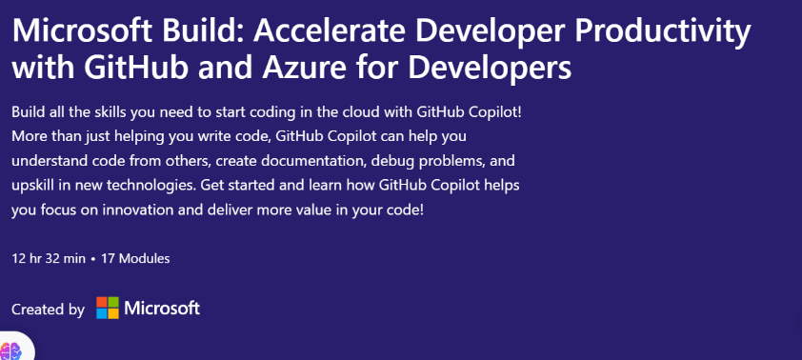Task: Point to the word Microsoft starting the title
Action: [82, 30]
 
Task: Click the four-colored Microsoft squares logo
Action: [108, 308]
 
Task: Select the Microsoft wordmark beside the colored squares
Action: [162, 308]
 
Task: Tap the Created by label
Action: [48, 310]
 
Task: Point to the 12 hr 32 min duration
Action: [49, 259]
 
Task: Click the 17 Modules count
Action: [135, 259]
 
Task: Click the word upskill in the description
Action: [32, 186]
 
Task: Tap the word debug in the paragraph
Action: [389, 162]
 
